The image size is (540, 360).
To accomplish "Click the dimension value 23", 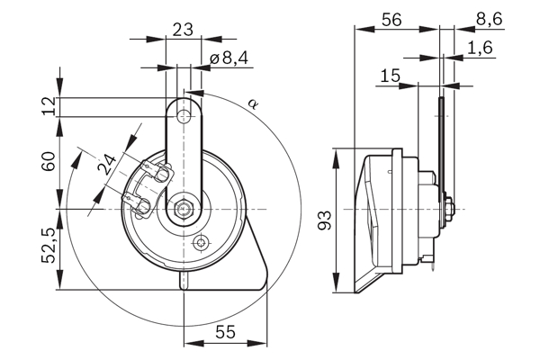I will [x=183, y=29].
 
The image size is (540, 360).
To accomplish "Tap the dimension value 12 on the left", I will [x=49, y=106].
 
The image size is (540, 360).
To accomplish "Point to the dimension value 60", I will [x=49, y=163].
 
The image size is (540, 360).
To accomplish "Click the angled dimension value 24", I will [x=106, y=165].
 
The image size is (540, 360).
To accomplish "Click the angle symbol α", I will [x=255, y=105].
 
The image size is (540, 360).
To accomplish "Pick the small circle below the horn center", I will [x=200, y=241].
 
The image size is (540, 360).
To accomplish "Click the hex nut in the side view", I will [x=449, y=209].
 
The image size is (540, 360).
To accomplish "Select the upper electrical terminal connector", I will [x=155, y=170].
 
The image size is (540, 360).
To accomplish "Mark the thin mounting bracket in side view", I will [x=441, y=144].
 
